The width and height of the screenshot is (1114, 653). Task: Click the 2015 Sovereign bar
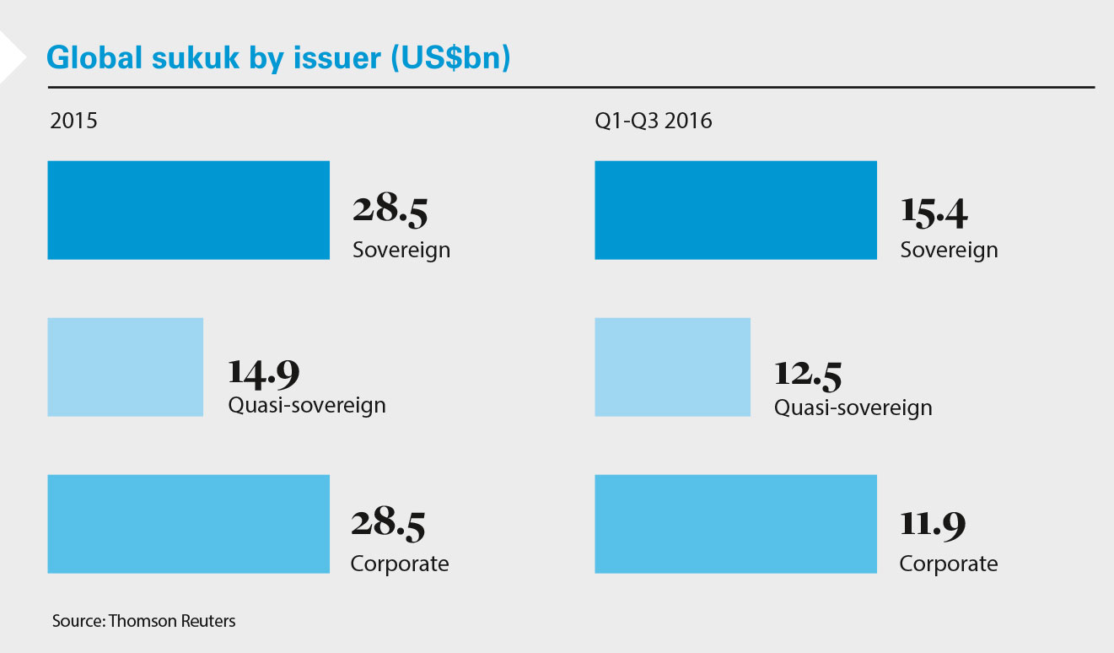click(188, 210)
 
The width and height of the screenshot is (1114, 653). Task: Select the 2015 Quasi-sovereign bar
click(125, 367)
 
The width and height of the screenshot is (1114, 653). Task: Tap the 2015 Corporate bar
click(188, 524)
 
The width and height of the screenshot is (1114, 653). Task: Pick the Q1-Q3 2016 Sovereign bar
click(735, 210)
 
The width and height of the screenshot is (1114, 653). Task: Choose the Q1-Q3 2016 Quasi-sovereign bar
click(672, 367)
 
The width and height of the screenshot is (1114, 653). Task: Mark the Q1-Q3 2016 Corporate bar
click(735, 524)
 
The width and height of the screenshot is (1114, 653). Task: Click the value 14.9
click(264, 372)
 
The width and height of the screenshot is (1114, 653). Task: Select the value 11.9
click(932, 525)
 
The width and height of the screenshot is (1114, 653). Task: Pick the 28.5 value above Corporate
click(388, 525)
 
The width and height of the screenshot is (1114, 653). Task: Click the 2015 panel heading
click(73, 121)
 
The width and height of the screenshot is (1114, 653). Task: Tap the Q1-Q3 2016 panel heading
click(653, 121)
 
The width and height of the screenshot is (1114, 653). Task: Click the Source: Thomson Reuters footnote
click(143, 621)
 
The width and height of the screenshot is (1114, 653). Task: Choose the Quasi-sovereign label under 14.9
click(307, 405)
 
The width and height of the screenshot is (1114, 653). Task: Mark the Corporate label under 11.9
click(948, 564)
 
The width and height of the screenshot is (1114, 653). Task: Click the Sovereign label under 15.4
click(949, 250)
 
